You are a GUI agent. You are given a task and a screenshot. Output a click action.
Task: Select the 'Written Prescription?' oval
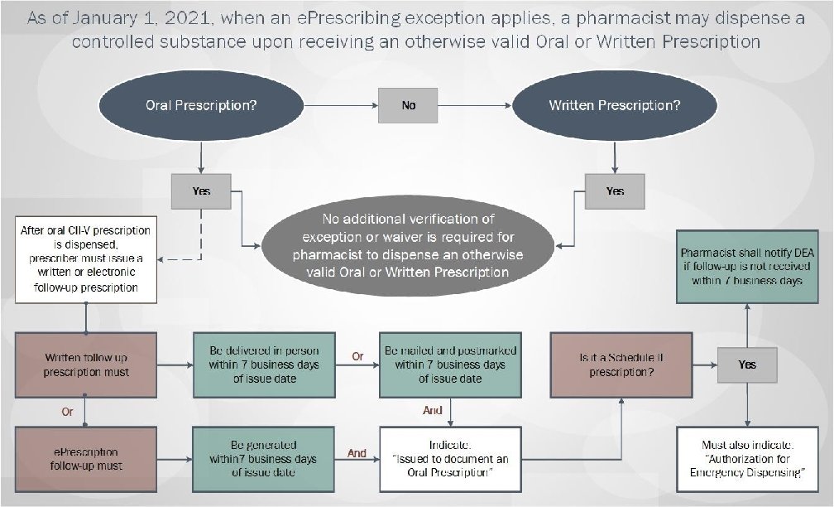pos(615,105)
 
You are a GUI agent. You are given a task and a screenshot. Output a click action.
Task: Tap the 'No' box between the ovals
pos(409,106)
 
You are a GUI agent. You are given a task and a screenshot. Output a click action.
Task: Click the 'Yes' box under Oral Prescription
pos(201,191)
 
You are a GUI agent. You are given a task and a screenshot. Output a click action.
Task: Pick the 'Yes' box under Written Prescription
pos(615,191)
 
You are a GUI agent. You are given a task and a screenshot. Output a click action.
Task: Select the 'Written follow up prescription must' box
pos(86,365)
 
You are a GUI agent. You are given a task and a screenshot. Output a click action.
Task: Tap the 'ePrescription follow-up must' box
pos(86,458)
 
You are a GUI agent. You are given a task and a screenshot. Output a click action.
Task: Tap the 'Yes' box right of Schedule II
pos(747,365)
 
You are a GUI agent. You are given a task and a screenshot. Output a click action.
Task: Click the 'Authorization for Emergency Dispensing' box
pos(747,459)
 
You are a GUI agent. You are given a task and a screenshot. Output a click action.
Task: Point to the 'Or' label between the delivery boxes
pos(358,357)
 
